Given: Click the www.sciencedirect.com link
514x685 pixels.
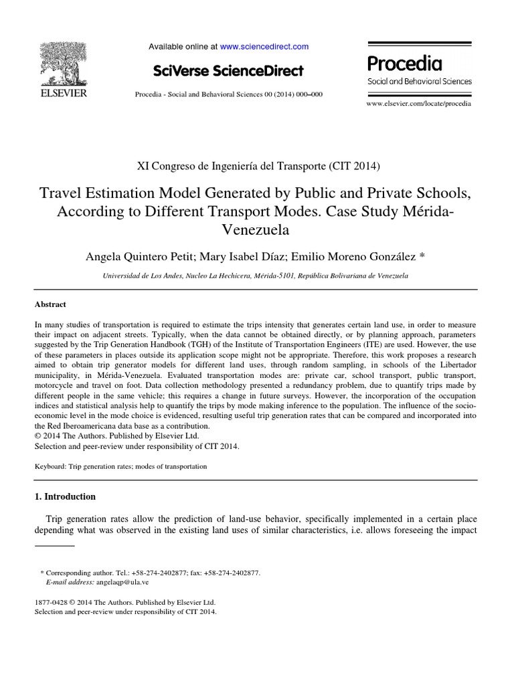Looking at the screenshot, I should pos(264,47).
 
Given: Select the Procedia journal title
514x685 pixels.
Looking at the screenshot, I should pos(404,64).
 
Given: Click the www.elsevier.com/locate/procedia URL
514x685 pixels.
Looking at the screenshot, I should pos(419,104).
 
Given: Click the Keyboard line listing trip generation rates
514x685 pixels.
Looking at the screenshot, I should pos(120,466).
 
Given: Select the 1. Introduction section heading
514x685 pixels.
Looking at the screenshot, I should pos(65,496).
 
